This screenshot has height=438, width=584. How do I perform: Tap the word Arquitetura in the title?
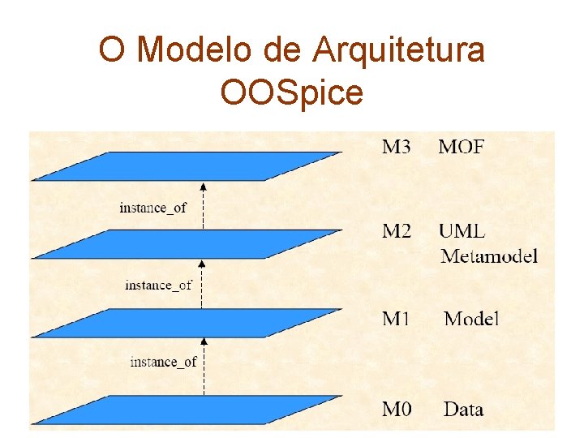[397, 50]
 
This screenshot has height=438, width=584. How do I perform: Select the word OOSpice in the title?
[291, 92]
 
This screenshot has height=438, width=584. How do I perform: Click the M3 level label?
[397, 147]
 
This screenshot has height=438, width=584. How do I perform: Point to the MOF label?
[462, 147]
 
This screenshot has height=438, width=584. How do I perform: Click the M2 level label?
[397, 231]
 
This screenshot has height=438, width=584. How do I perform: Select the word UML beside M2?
[462, 231]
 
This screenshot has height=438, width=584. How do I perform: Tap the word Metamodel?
[489, 257]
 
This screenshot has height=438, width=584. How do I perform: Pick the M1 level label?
[397, 318]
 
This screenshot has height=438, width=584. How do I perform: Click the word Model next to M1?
[471, 318]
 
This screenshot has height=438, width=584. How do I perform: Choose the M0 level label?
[397, 409]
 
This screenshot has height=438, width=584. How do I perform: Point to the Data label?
[463, 409]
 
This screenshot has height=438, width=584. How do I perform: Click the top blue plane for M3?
[187, 165]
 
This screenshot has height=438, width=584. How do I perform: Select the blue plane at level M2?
[187, 243]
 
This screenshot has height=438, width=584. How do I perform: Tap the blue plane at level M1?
[187, 322]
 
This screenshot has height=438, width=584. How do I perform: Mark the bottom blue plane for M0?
[187, 410]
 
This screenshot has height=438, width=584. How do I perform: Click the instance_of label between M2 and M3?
[152, 208]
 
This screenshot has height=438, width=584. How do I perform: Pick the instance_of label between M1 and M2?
[158, 285]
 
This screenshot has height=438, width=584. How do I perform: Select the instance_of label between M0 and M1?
[163, 362]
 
